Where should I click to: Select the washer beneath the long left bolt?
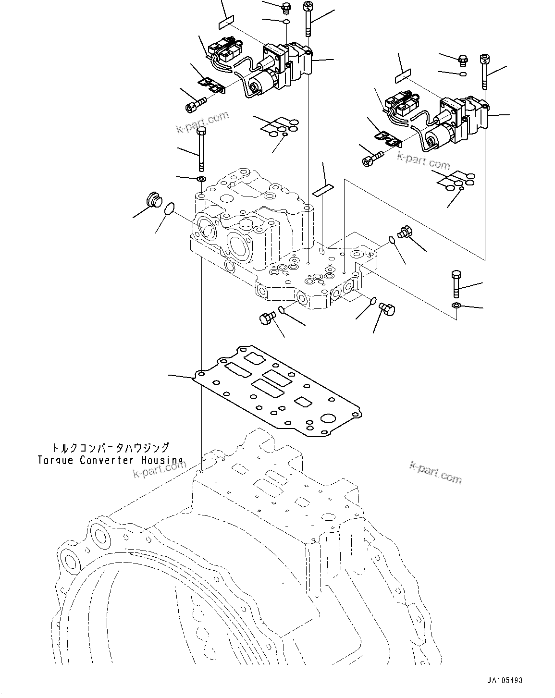[x=202, y=179]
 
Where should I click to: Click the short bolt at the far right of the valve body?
[x=456, y=284]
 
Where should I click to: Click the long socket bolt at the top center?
[x=308, y=19]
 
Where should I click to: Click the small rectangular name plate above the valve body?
[x=322, y=190]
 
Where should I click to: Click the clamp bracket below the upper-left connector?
[x=212, y=86]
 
